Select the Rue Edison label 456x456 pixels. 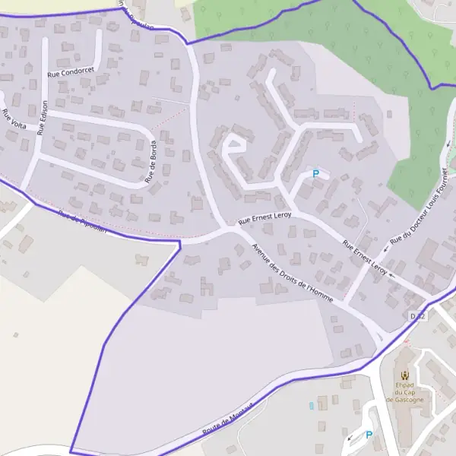[43, 117]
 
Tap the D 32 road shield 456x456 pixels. [417, 315]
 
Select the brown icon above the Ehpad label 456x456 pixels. [404, 375]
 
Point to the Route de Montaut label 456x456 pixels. [226, 418]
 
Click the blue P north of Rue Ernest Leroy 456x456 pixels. [315, 174]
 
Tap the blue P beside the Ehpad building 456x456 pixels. [369, 435]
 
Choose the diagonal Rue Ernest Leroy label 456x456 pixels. [365, 258]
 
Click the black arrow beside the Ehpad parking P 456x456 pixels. [350, 439]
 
